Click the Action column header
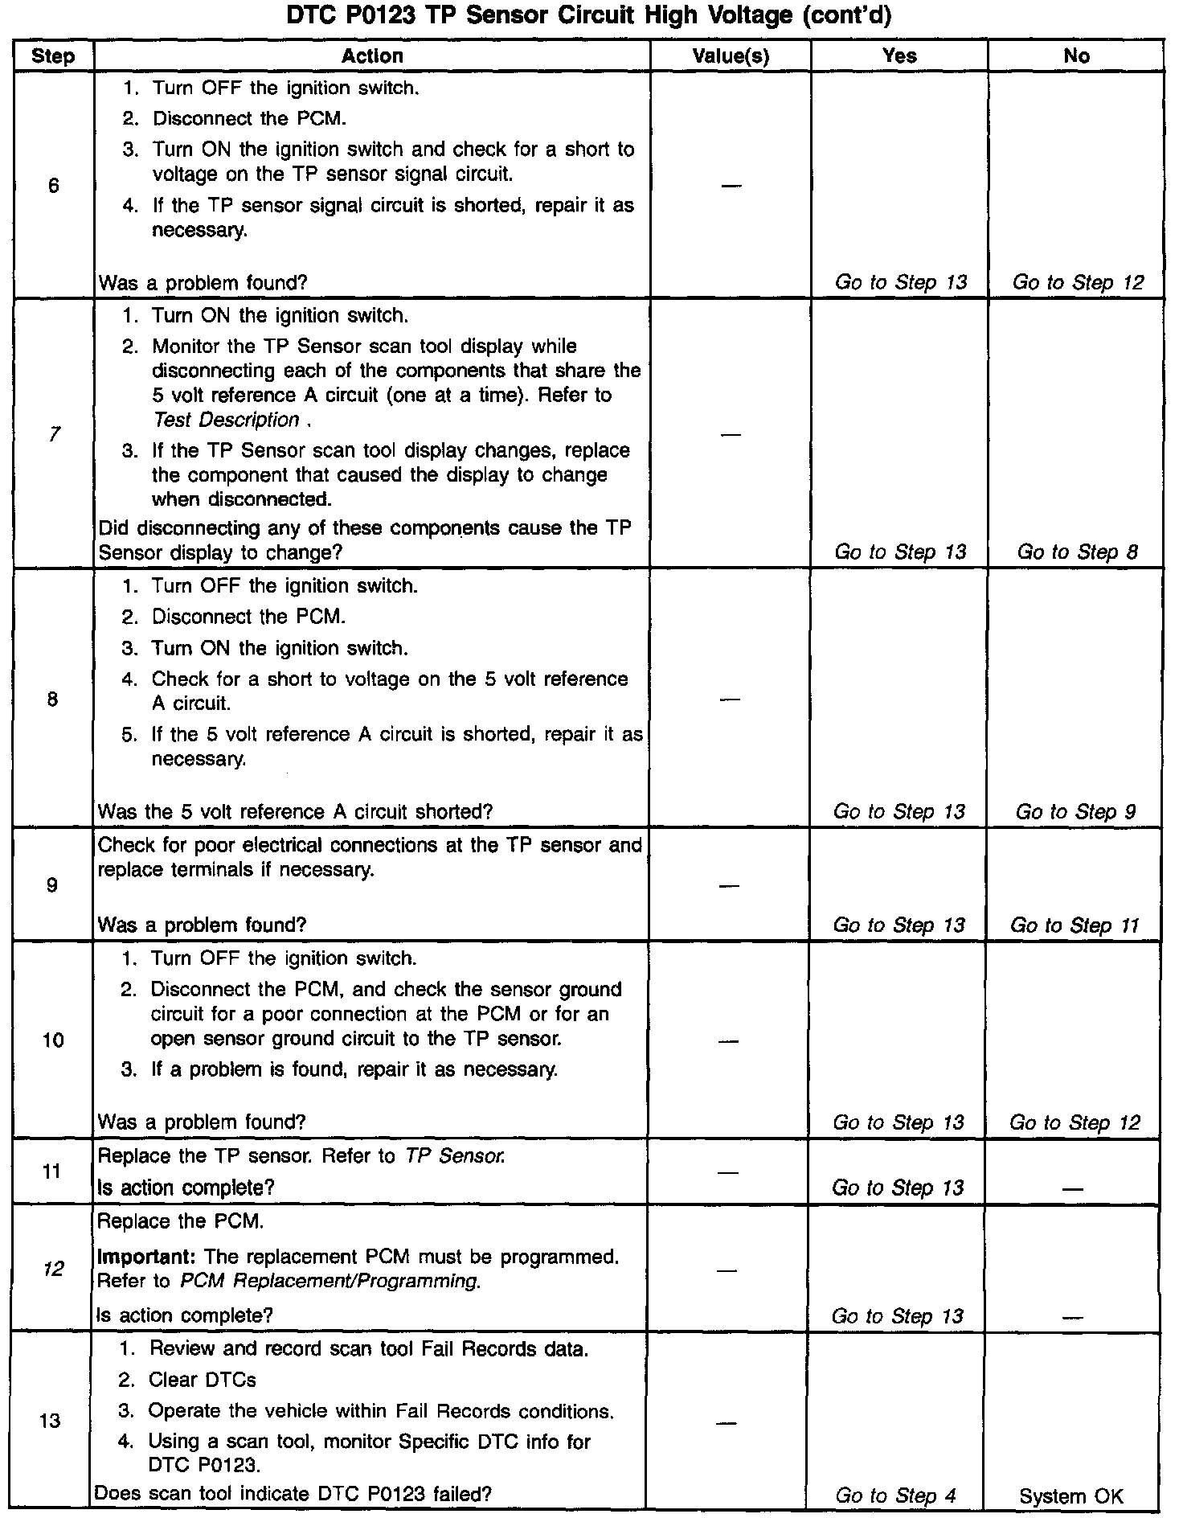pos(371,56)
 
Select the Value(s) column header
pos(730,56)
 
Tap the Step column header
pos(53,56)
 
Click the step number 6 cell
pos(53,187)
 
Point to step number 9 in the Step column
pos(51,885)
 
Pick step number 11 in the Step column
pos(51,1171)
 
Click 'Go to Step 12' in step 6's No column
pos(1078,282)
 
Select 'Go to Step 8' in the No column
pos(1077,552)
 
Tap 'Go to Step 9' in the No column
pos(1075,812)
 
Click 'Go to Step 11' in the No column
pos(1075,925)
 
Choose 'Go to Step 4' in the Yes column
pos(895,1496)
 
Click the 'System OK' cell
pos(1071,1496)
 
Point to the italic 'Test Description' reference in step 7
pos(226,420)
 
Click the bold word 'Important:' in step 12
pos(147,1257)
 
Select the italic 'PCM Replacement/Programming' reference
pos(330,1282)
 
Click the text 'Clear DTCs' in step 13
pos(203,1381)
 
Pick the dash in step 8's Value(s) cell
pos(729,700)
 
